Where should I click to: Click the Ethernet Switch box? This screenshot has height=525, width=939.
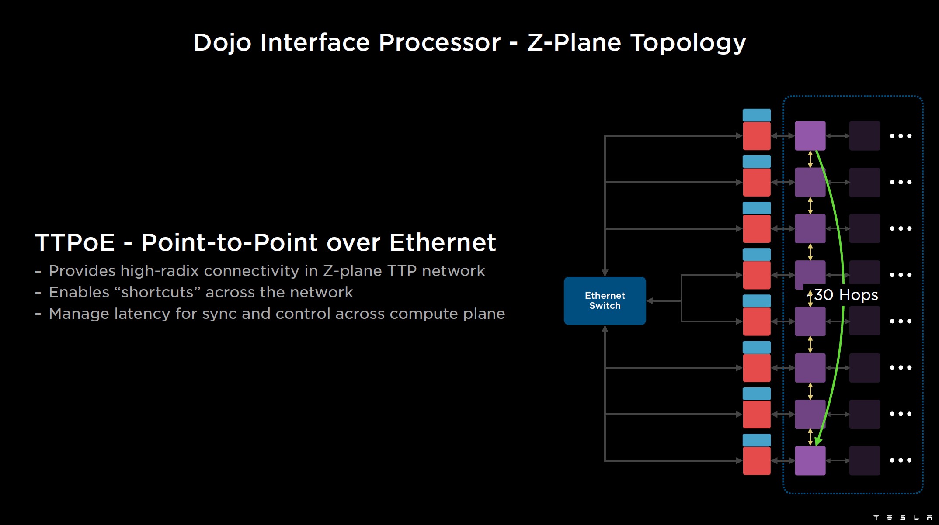(x=605, y=300)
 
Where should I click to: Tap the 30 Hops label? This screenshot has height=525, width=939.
(x=846, y=295)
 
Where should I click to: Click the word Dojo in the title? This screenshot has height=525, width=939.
(x=222, y=43)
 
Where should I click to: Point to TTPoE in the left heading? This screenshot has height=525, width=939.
(x=75, y=242)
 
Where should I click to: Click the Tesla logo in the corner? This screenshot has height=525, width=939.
(x=902, y=518)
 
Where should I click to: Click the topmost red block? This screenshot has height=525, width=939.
(x=757, y=136)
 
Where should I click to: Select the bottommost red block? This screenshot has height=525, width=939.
(x=757, y=460)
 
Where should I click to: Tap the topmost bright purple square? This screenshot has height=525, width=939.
(x=810, y=136)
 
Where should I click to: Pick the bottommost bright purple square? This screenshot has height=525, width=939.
(x=810, y=460)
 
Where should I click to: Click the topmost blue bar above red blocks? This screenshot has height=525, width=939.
(x=757, y=115)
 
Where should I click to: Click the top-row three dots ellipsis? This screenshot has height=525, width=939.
(x=901, y=136)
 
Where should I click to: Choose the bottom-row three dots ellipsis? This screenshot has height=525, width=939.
(x=901, y=460)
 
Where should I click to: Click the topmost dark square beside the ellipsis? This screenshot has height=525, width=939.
(x=864, y=136)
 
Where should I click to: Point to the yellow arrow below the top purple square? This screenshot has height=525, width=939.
(x=810, y=159)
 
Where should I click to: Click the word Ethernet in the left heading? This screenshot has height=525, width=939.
(x=442, y=242)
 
